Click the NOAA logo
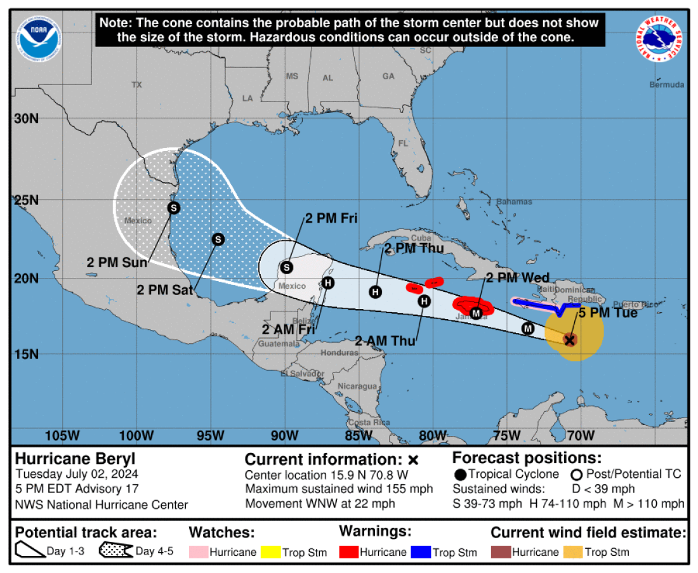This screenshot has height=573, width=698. point(40,37)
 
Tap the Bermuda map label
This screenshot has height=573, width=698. point(667,84)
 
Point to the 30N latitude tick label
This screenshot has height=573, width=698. point(26,119)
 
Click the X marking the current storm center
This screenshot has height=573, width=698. point(570,340)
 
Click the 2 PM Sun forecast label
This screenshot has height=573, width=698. point(117,262)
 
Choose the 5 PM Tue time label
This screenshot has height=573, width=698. point(607,313)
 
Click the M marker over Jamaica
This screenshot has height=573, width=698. point(477,312)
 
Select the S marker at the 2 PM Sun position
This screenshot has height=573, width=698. point(173,207)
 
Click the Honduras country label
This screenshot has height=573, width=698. point(340,353)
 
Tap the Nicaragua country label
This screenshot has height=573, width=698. point(357,386)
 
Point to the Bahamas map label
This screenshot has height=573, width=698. point(514,202)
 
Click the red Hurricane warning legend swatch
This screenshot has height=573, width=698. point(348,552)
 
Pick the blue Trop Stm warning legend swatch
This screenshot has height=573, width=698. point(421,552)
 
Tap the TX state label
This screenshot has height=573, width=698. point(136,84)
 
